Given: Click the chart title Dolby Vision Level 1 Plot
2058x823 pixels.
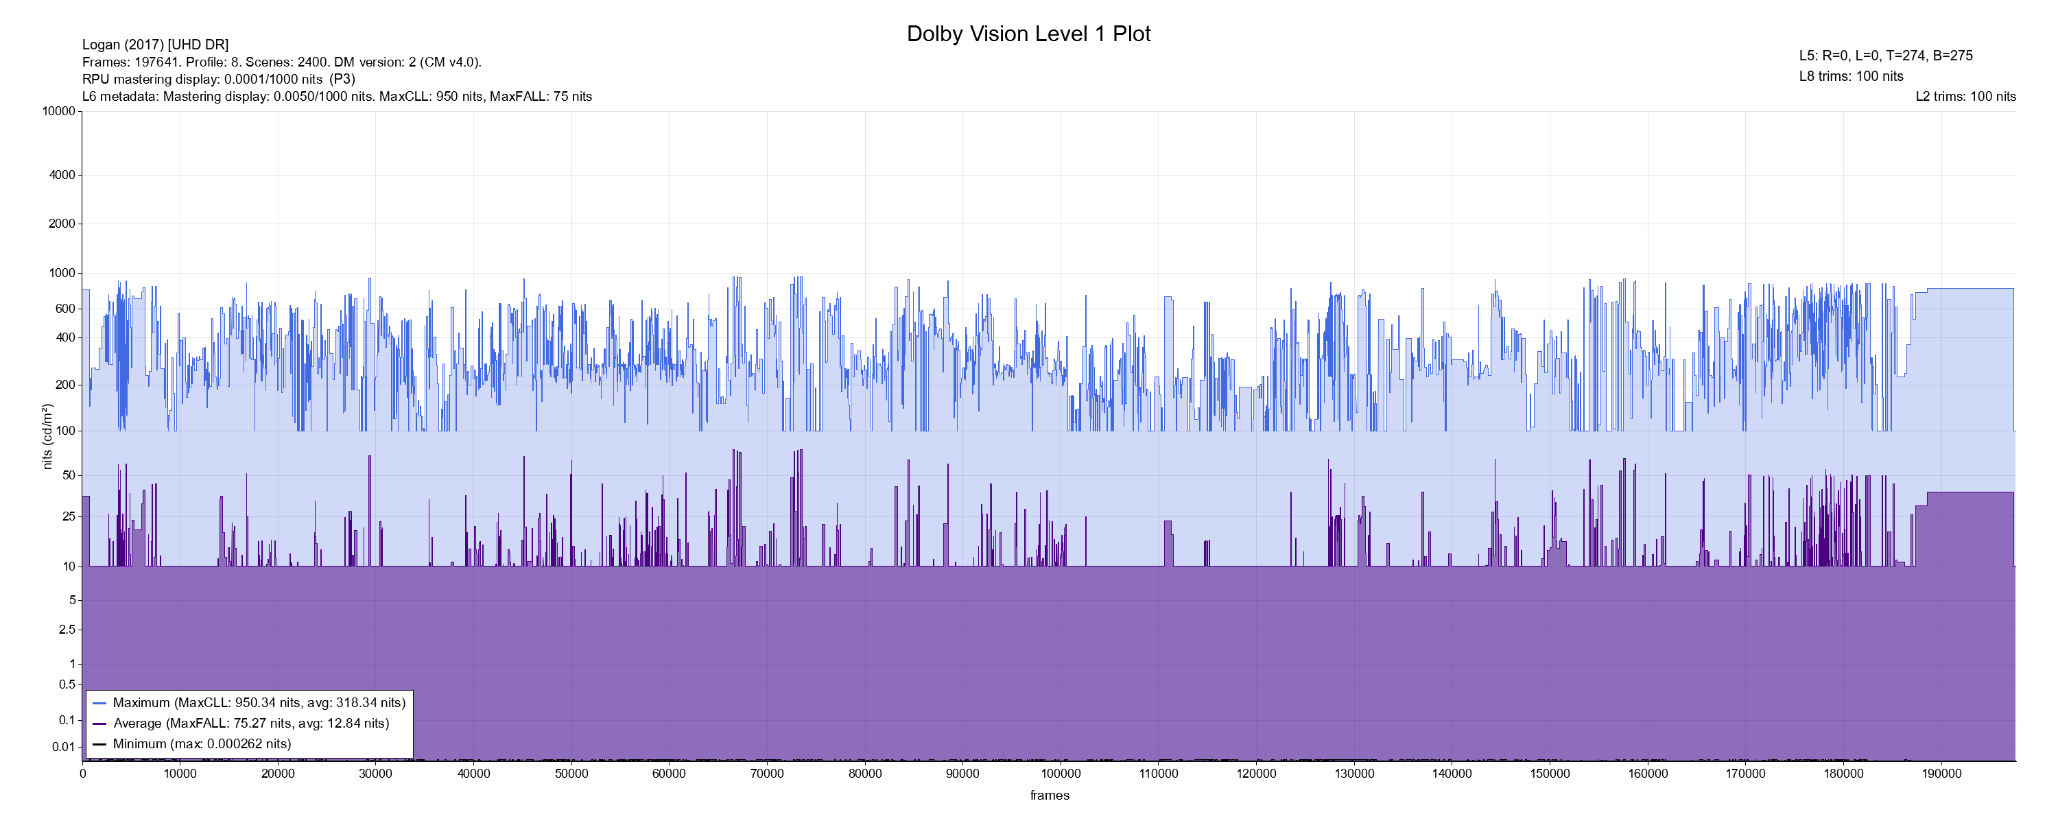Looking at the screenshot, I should tap(1028, 34).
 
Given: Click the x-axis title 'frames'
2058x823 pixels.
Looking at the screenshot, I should tap(1049, 795).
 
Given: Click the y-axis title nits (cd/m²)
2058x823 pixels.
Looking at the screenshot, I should tap(47, 436).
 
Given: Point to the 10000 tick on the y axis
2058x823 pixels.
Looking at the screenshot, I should tap(58, 111).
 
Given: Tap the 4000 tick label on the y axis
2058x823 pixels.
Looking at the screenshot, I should tap(62, 175).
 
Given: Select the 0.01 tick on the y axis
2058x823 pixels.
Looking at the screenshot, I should tap(63, 747).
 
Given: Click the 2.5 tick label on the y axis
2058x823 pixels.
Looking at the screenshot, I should tap(67, 630).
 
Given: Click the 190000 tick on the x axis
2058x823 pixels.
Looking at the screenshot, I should tap(1941, 774).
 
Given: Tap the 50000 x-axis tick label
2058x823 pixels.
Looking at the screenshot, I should tap(571, 774).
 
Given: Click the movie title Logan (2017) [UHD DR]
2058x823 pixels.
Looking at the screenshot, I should tap(155, 45).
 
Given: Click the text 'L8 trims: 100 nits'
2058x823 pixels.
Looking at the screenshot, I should tap(1851, 77).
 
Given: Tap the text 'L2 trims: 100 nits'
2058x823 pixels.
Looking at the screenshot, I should tap(1965, 97).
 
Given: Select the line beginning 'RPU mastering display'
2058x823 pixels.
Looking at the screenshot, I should tap(218, 79).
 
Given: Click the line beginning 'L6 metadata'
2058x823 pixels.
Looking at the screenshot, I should tap(336, 97).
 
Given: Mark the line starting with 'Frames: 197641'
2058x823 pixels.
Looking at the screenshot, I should tap(281, 62).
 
